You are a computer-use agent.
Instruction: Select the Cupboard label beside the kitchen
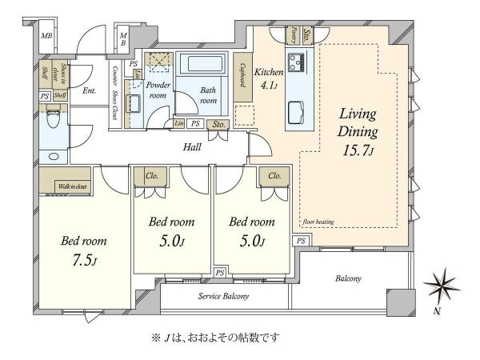point(242,74)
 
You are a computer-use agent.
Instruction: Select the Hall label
point(192,147)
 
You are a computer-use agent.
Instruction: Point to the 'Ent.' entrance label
point(89,90)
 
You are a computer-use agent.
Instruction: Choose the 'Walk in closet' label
point(72,186)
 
